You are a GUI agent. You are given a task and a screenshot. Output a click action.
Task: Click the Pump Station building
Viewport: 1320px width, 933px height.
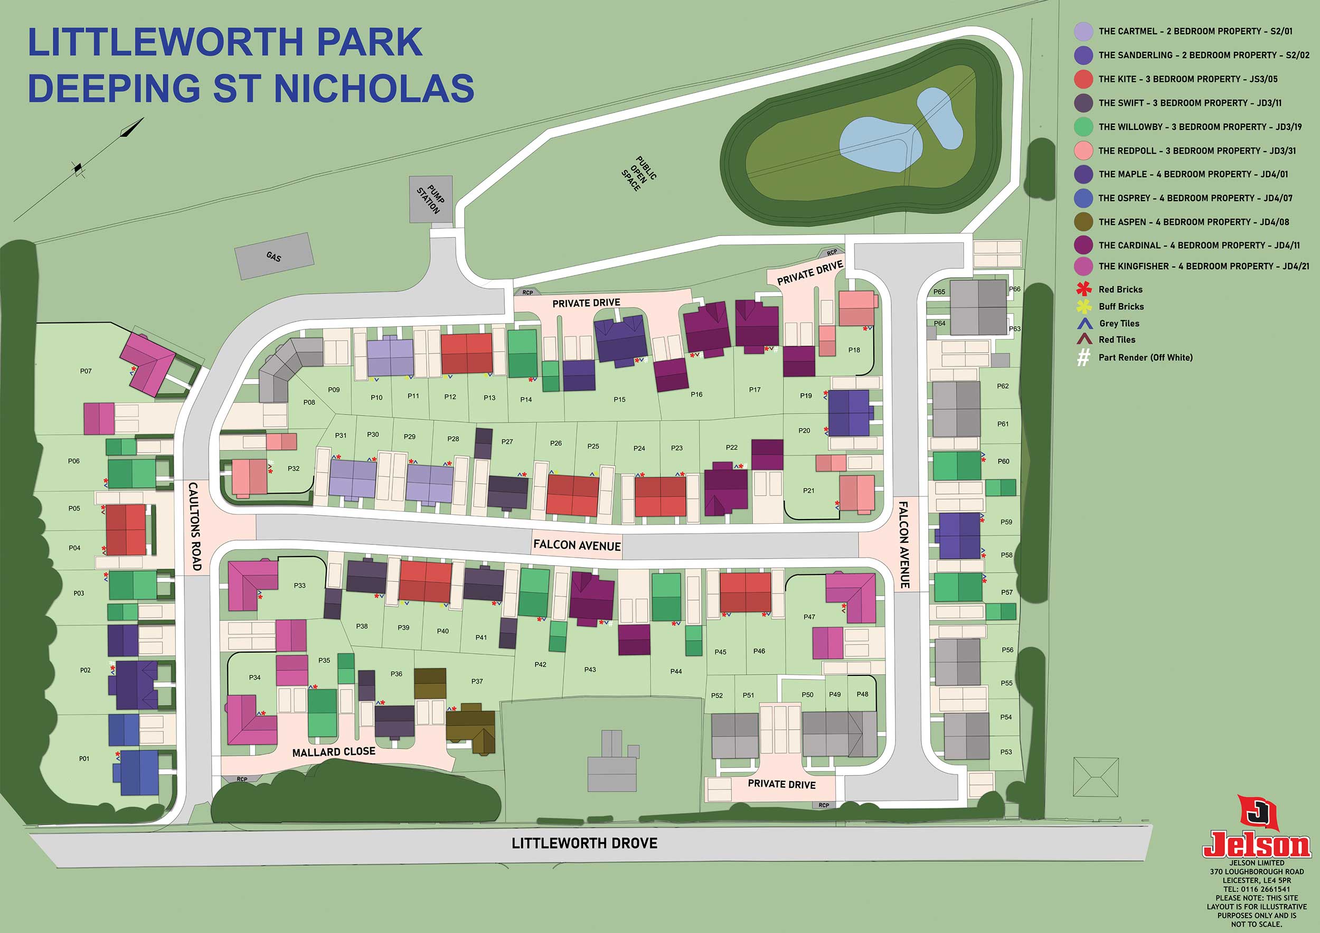[x=430, y=199]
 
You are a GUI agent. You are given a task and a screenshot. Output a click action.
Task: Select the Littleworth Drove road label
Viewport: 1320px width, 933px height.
[x=584, y=843]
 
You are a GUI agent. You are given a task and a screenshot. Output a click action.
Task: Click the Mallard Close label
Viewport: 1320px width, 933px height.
[x=334, y=752]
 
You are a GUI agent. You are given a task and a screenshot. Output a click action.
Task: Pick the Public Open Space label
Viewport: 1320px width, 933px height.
[x=639, y=173]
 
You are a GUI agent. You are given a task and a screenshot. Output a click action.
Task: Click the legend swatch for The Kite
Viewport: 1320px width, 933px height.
[x=1083, y=79]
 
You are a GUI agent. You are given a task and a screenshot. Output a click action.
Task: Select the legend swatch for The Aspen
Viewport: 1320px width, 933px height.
[x=1083, y=222]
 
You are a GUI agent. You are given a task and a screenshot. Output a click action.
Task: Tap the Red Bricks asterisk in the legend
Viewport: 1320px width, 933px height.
[x=1083, y=289]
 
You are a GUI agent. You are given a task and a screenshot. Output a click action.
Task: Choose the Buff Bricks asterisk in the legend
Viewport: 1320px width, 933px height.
[x=1083, y=306]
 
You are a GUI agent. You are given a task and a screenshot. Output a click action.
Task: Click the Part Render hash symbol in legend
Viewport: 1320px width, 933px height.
[x=1083, y=357]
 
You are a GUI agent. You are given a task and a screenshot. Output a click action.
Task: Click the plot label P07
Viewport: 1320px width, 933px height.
[x=86, y=371]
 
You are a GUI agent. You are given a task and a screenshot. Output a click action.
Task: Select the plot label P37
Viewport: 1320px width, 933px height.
[x=477, y=681]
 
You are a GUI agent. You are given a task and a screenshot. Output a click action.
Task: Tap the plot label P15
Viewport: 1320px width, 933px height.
[x=619, y=400]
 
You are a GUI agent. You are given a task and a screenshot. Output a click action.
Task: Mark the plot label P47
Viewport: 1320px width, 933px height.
[x=809, y=617]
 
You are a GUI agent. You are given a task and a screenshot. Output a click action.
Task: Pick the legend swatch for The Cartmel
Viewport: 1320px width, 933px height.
[x=1083, y=32]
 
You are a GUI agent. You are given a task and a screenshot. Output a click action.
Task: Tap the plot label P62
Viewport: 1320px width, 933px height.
[x=1003, y=387]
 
